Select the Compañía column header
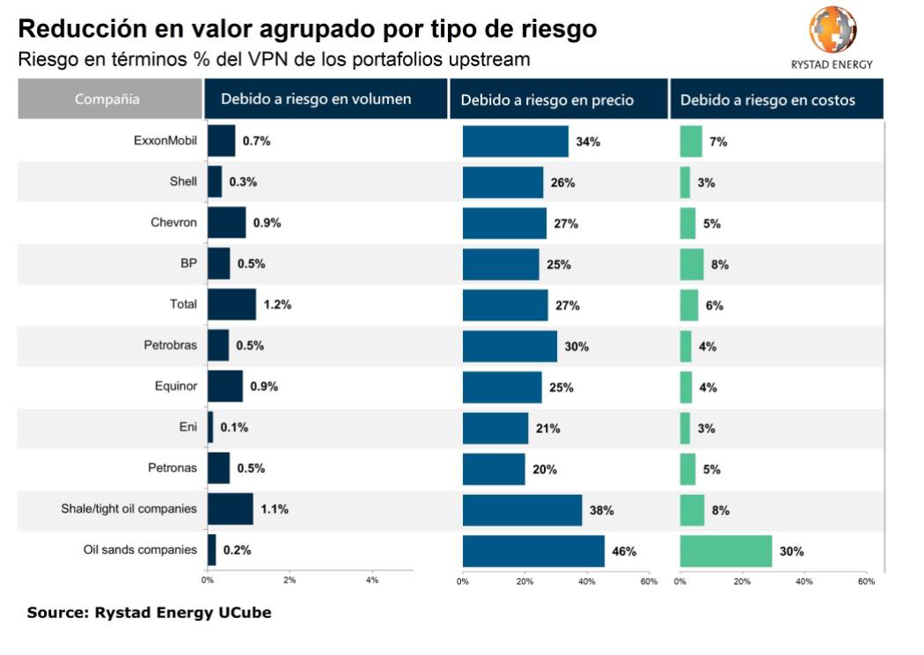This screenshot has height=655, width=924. (x=107, y=99)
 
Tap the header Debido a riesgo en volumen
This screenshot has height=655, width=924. (x=316, y=99)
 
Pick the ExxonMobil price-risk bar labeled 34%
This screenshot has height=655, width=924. (x=516, y=142)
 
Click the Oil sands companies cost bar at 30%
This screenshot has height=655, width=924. (x=726, y=551)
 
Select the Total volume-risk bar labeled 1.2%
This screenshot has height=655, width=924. (x=231, y=305)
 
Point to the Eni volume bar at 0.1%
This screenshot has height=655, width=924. (x=210, y=428)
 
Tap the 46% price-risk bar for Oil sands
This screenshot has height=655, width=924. (x=533, y=551)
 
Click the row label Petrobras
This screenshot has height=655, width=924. (x=171, y=345)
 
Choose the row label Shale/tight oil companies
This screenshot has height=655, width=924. (x=128, y=509)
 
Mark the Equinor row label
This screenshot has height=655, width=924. (x=175, y=386)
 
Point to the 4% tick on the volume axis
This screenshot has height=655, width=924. (x=371, y=580)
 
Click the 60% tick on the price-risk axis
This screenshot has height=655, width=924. (x=648, y=581)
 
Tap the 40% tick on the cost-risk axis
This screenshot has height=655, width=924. (x=803, y=581)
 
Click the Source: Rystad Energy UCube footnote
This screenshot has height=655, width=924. (x=149, y=613)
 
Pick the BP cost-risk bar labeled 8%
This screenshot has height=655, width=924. (x=692, y=264)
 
